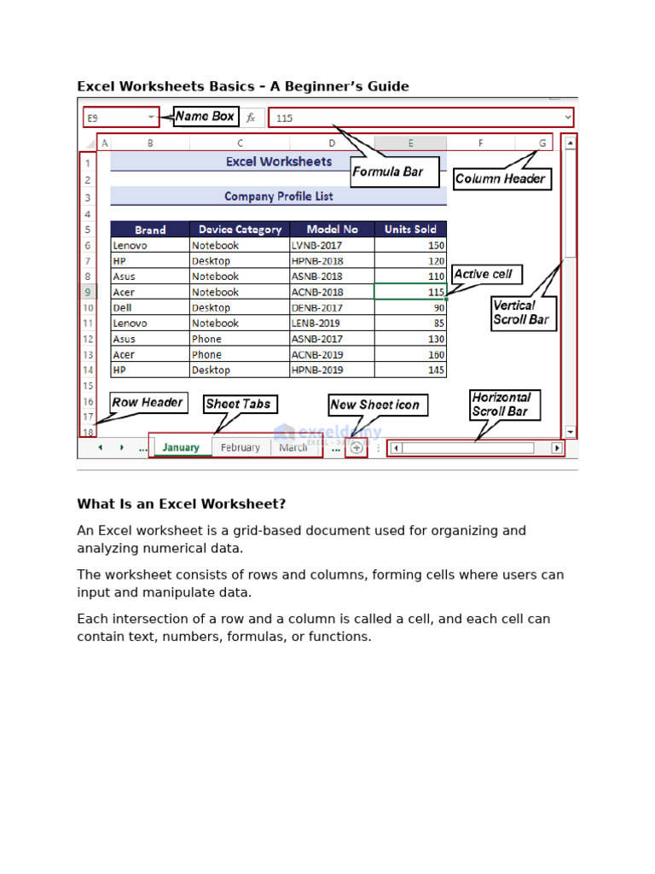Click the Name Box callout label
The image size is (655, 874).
pyautogui.click(x=206, y=116)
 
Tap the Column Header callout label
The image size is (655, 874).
pyautogui.click(x=501, y=179)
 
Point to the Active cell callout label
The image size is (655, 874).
pyautogui.click(x=484, y=274)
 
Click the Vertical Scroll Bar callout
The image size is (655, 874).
pyautogui.click(x=522, y=312)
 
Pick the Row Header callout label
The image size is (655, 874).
pyautogui.click(x=148, y=402)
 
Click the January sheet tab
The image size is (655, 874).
pyautogui.click(x=181, y=447)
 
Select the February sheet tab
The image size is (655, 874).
pyautogui.click(x=241, y=447)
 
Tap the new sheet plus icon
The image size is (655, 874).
pyautogui.click(x=356, y=447)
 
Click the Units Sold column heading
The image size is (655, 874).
pyautogui.click(x=410, y=230)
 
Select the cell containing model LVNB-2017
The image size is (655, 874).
pyautogui.click(x=332, y=245)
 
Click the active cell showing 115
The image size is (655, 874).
pyautogui.click(x=410, y=292)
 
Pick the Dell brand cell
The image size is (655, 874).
pyautogui.click(x=150, y=307)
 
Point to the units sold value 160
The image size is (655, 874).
pyautogui.click(x=410, y=354)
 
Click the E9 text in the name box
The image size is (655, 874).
pyautogui.click(x=93, y=118)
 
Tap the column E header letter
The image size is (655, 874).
pyautogui.click(x=410, y=143)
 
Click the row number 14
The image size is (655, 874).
pyautogui.click(x=88, y=370)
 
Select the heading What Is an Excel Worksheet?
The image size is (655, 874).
pyautogui.click(x=182, y=504)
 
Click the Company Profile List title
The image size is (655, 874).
pyautogui.click(x=279, y=196)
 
